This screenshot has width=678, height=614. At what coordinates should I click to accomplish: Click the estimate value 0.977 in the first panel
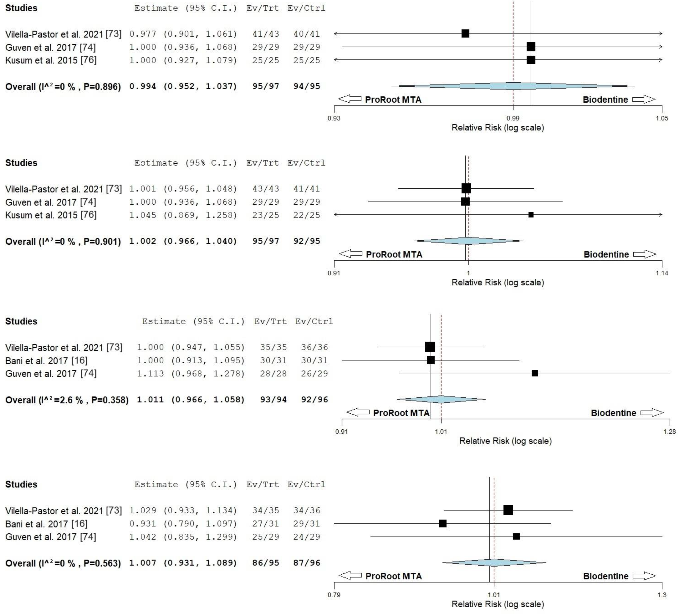tap(143, 34)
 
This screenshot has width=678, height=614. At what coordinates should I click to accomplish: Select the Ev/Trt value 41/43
tap(266, 34)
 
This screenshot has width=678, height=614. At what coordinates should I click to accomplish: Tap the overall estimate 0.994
tap(143, 86)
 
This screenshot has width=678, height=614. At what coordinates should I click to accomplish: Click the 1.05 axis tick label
tap(661, 118)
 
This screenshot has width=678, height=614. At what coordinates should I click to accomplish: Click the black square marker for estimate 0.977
tap(465, 33)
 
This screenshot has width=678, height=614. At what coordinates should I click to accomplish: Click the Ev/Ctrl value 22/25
tap(306, 215)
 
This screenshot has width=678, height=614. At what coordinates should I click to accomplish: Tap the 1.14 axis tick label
tap(661, 273)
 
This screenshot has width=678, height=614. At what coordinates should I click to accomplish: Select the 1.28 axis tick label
tap(669, 431)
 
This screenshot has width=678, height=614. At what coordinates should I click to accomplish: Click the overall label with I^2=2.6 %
tap(67, 400)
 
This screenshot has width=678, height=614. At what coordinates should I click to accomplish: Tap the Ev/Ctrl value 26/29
tap(314, 374)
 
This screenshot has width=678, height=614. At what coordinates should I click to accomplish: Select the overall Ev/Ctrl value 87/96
tap(306, 563)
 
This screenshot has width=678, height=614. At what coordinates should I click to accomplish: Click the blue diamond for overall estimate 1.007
tap(494, 562)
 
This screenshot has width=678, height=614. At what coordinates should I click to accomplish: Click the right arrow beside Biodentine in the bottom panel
tap(644, 576)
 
